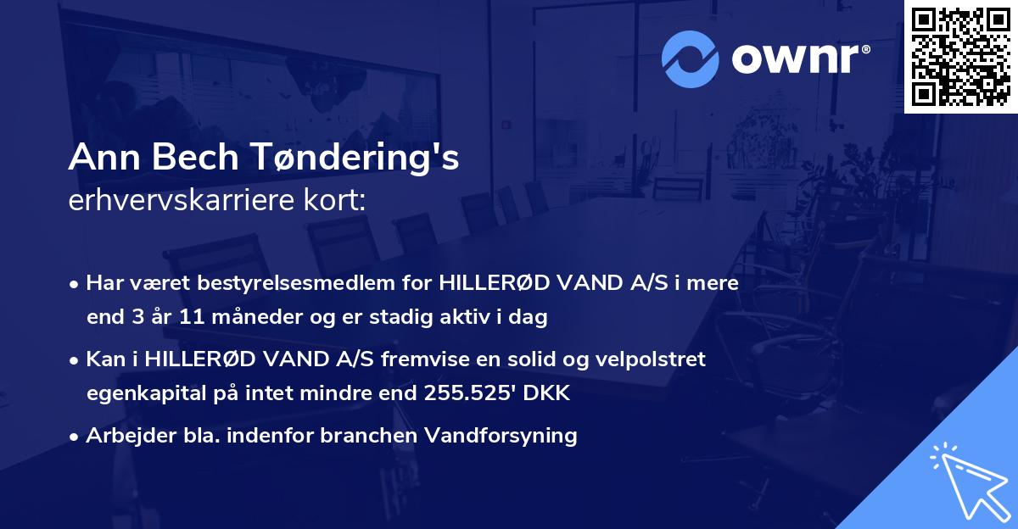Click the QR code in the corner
click(959, 56)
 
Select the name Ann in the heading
click(98, 158)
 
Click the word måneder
click(246, 318)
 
